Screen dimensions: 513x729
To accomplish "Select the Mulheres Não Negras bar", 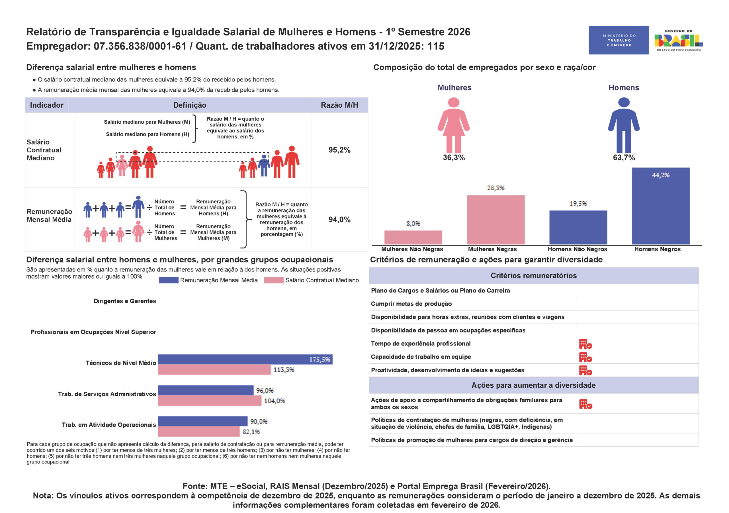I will pyautogui.click(x=413, y=237).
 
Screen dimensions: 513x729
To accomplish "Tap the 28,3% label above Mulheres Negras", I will pyautogui.click(x=495, y=188).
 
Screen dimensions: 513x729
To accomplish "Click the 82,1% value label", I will pyautogui.click(x=251, y=432).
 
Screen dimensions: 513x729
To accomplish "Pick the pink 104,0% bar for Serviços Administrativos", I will pyautogui.click(x=210, y=400).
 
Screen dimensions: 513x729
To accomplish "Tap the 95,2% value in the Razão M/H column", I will pyautogui.click(x=339, y=150).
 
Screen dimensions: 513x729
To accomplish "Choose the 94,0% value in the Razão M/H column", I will pyautogui.click(x=339, y=220).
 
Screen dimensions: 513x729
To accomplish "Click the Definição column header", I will pyautogui.click(x=190, y=105).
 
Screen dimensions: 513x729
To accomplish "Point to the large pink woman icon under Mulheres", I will pyautogui.click(x=454, y=125).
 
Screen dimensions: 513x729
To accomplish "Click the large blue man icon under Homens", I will pyautogui.click(x=624, y=125).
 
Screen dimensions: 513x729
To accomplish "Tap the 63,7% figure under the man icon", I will pyautogui.click(x=624, y=158).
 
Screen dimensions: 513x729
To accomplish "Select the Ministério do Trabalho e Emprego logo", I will pyautogui.click(x=619, y=40).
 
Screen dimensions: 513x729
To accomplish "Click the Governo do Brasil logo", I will pyautogui.click(x=679, y=40).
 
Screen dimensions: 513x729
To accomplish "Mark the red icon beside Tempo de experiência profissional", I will pyautogui.click(x=585, y=344).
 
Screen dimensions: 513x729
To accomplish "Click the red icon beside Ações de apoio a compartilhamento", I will pyautogui.click(x=585, y=404).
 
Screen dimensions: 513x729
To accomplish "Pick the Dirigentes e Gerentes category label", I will pyautogui.click(x=125, y=301).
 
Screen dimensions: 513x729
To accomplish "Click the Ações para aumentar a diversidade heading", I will pyautogui.click(x=533, y=385).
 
